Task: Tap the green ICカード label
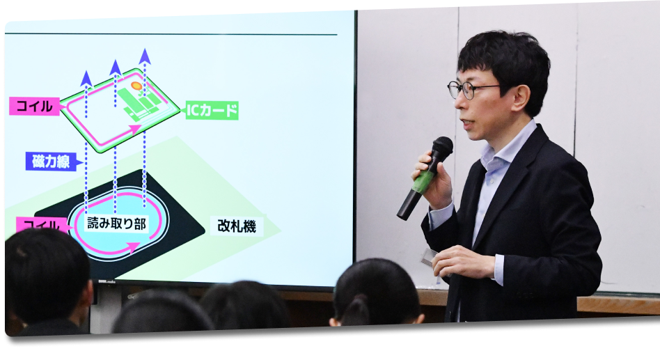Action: tap(212, 110)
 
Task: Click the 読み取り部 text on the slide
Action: tap(117, 224)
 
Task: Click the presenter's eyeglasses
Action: tap(468, 89)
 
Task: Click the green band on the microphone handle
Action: tap(422, 182)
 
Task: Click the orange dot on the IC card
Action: tap(136, 86)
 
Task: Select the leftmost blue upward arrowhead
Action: tap(86, 77)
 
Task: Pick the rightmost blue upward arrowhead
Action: tap(145, 56)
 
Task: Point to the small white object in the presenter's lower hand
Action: tap(427, 256)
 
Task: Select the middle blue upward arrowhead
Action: tap(116, 67)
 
